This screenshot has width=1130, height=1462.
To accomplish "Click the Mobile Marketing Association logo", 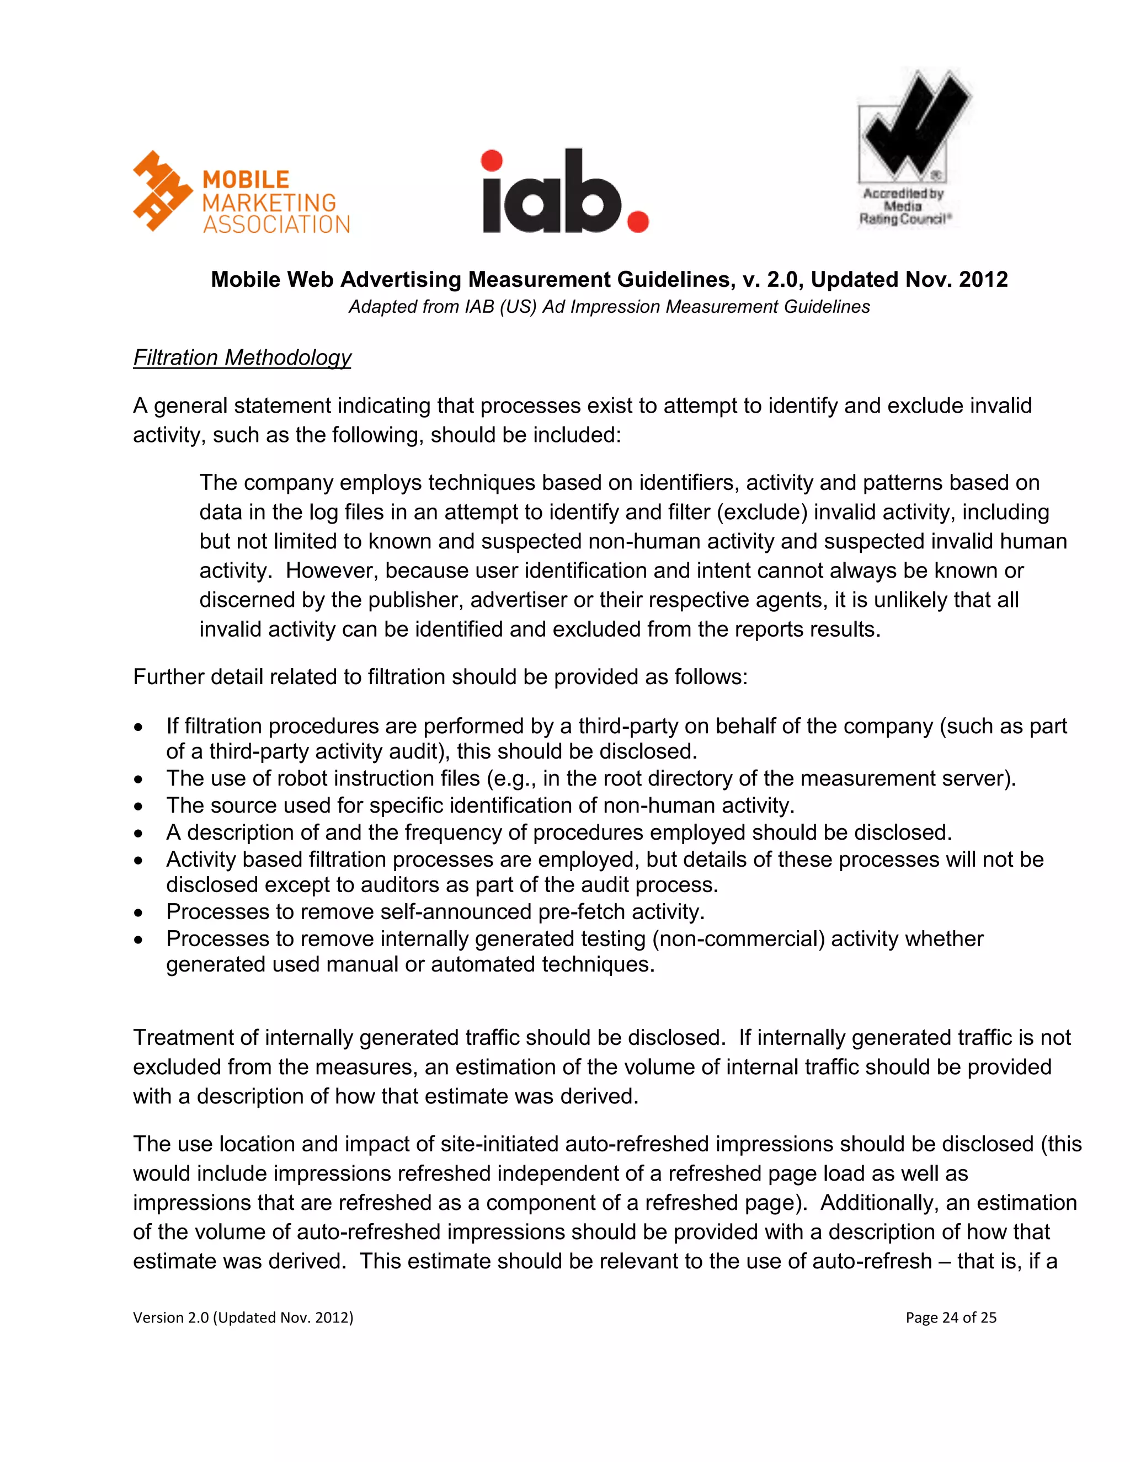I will pos(241,193).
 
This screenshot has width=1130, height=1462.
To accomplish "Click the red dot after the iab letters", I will pos(637,221).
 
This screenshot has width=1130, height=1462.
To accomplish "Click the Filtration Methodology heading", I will pos(242,358).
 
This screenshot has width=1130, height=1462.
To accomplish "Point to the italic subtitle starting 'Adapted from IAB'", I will pos(609,307).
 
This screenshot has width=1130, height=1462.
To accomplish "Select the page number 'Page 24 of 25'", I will pos(951,1317).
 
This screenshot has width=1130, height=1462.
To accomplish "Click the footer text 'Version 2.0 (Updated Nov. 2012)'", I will pos(243,1317).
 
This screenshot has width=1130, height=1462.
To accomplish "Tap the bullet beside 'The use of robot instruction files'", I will pos(138,779).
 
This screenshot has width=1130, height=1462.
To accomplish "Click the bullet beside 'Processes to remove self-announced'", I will pos(138,913).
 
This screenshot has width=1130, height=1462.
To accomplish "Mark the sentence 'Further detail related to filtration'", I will pos(440,677).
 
